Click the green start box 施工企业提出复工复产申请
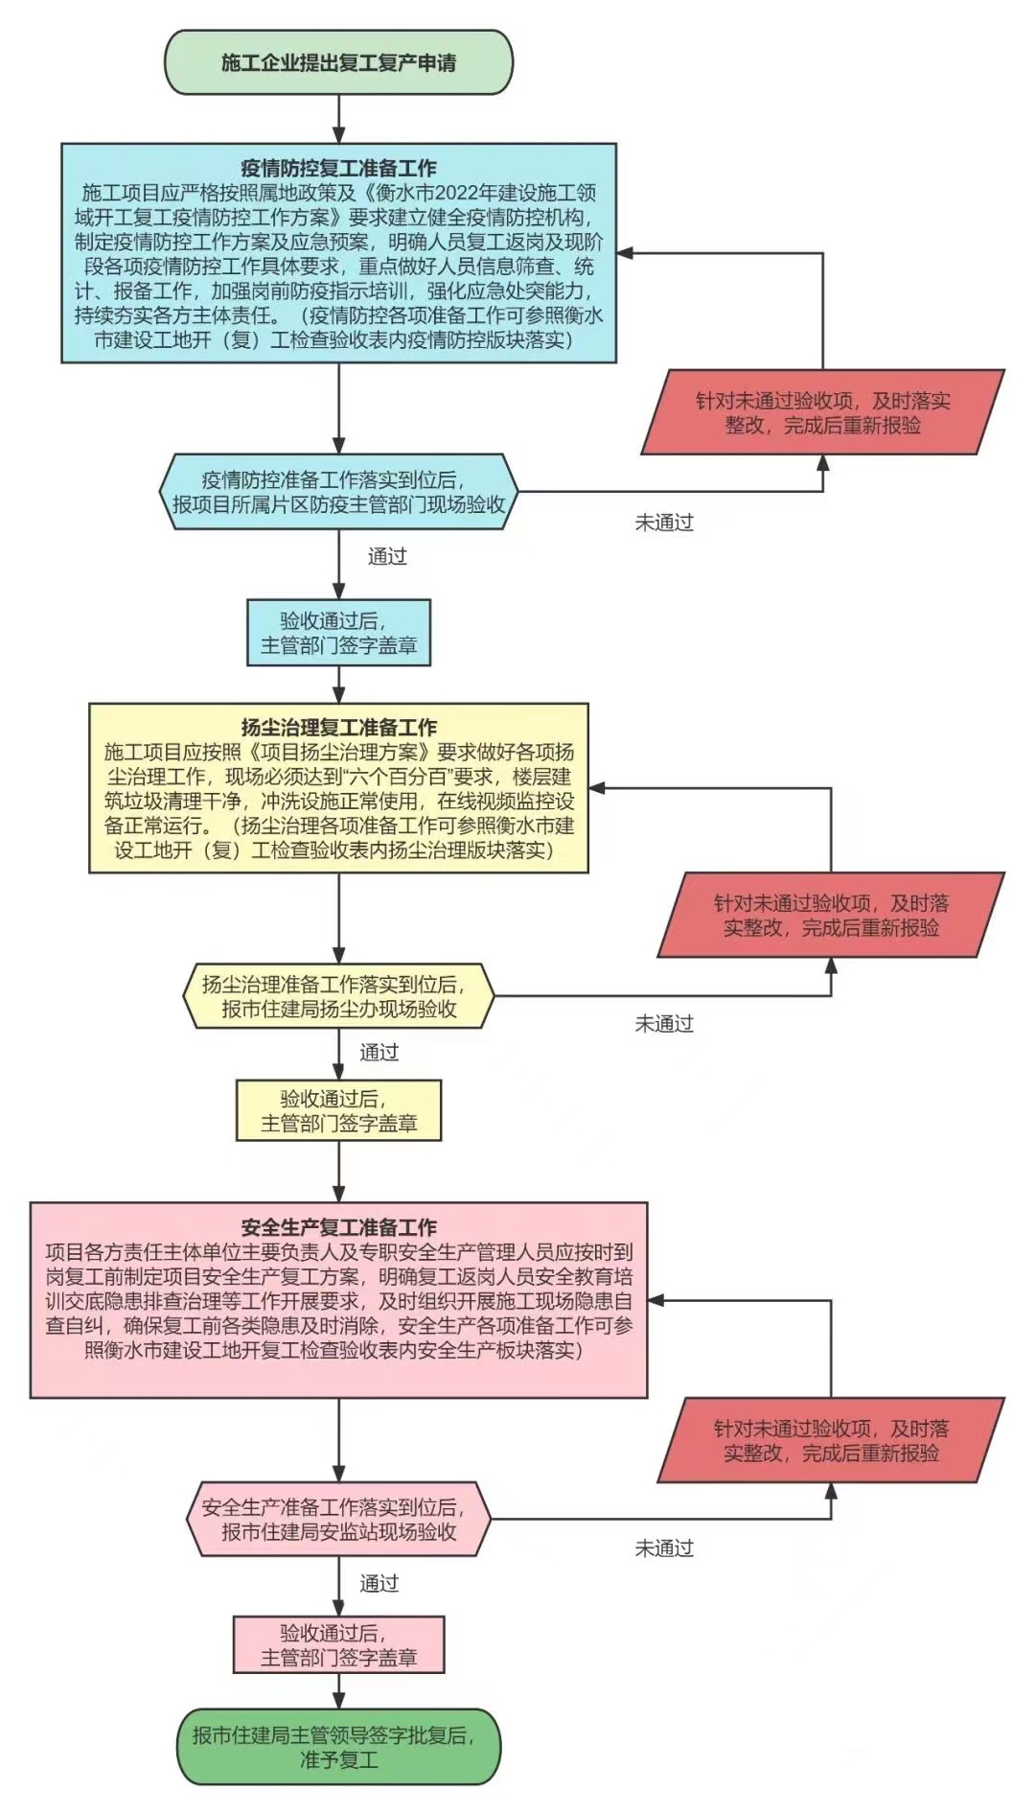coord(338,63)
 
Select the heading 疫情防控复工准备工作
coord(338,169)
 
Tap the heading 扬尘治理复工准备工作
coord(338,728)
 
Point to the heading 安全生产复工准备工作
coord(338,1227)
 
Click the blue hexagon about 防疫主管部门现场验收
coord(338,492)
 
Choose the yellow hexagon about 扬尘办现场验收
coord(338,996)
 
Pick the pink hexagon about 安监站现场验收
coord(338,1520)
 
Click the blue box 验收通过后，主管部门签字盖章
coord(338,633)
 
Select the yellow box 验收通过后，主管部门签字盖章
coord(338,1110)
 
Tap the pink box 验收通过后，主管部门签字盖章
coord(338,1644)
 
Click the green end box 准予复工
coord(338,1747)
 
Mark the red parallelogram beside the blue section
coord(822,412)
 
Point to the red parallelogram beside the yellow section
coord(831,915)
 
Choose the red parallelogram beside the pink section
coord(831,1440)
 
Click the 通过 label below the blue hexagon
coord(387,556)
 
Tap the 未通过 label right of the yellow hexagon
coord(664,1024)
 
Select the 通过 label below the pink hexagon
coord(379,1583)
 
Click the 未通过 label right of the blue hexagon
coord(664,523)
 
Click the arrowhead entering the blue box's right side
coord(624,253)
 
